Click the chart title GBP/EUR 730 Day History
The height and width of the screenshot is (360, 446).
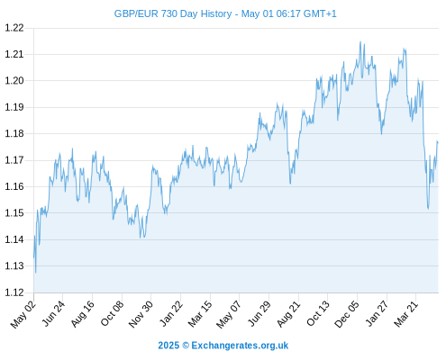click(x=173, y=13)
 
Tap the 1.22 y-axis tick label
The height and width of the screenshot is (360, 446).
click(x=14, y=28)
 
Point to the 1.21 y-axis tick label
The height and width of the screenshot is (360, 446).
click(x=14, y=54)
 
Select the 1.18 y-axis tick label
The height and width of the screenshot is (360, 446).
click(x=14, y=133)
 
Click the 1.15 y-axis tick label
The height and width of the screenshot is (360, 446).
click(x=14, y=213)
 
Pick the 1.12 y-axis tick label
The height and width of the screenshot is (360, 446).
click(x=14, y=292)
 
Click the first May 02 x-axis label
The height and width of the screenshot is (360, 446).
click(x=23, y=314)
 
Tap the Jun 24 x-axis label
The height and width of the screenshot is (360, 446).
click(x=53, y=313)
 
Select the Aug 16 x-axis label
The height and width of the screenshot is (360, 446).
click(x=83, y=313)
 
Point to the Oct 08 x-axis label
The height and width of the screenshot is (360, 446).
click(x=112, y=313)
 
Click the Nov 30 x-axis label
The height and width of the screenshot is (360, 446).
click(x=141, y=314)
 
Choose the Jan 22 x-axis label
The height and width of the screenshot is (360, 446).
click(x=171, y=313)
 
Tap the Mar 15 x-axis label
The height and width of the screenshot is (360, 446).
click(x=200, y=313)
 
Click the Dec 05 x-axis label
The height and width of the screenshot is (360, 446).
click(x=347, y=314)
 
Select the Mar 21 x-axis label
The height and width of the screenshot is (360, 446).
click(x=406, y=313)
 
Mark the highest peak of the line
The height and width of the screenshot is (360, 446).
click(x=360, y=41)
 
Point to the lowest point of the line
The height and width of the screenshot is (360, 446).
click(x=36, y=273)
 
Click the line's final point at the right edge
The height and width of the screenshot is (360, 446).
click(x=438, y=142)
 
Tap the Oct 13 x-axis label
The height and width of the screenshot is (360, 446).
click(x=318, y=313)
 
